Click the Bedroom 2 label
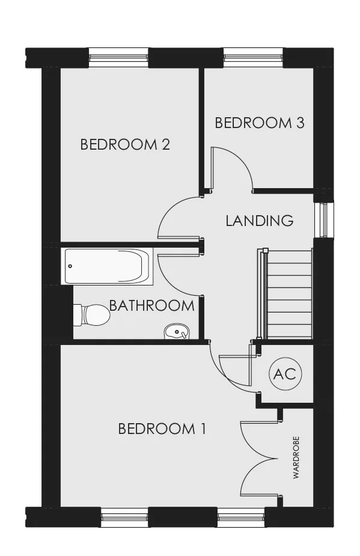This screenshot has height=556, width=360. click(125, 145)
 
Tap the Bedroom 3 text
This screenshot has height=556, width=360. click(260, 123)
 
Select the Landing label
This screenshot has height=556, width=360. click(260, 221)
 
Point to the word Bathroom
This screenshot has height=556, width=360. click(152, 306)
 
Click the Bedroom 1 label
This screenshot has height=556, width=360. click(162, 429)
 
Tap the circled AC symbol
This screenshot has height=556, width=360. click(285, 374)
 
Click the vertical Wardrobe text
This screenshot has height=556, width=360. click(296, 457)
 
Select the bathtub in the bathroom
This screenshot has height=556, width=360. click(109, 266)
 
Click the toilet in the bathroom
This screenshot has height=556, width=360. click(91, 315)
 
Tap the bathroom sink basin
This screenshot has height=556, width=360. click(177, 332)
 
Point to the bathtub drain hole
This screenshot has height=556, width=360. click(70, 266)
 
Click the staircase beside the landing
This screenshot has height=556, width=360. click(286, 293)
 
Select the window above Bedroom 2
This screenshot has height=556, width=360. click(118, 57)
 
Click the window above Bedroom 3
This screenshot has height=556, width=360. click(253, 57)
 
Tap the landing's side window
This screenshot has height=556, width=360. click(324, 219)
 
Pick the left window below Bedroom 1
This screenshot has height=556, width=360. click(124, 517)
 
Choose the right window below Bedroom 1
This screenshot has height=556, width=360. click(241, 517)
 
